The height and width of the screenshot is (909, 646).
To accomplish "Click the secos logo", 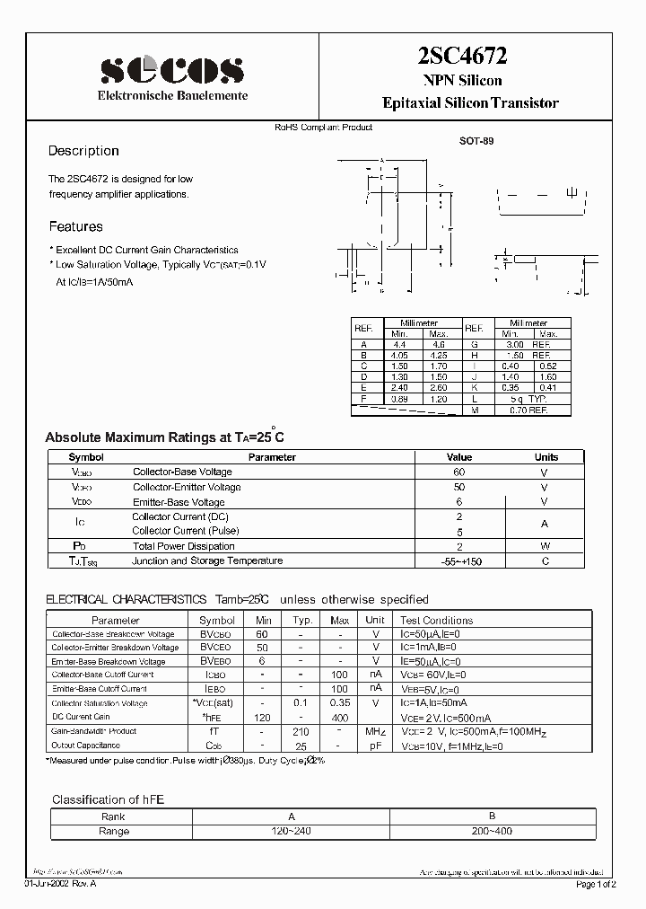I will point(170,68).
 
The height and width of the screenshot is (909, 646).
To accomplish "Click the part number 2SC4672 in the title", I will point(462,57).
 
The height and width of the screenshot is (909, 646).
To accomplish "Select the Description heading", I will point(83,151).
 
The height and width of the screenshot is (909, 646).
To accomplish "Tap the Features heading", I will point(75,226).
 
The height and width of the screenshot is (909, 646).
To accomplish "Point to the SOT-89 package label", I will point(476,141).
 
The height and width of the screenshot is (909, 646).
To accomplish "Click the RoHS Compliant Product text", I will point(323,127).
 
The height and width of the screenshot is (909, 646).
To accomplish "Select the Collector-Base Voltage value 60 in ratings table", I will point(459,472).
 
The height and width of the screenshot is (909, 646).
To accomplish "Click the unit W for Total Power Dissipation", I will point(544,545).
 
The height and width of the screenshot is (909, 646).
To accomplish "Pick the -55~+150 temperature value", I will point(459,560).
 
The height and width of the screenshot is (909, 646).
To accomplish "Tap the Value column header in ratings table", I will point(459,457).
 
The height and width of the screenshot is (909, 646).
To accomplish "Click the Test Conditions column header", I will point(436,620).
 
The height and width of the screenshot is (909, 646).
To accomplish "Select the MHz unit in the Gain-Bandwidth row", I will point(375,732).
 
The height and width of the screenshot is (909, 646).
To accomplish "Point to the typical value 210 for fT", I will point(301,732).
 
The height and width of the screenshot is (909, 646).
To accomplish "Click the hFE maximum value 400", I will point(340,717).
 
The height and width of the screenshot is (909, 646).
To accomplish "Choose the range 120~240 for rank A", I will point(290,831).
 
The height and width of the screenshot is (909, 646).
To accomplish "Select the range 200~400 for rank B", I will point(491,831).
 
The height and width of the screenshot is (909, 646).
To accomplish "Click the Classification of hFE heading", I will point(108,799).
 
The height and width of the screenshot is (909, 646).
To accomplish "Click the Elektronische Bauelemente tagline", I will point(172,95).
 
